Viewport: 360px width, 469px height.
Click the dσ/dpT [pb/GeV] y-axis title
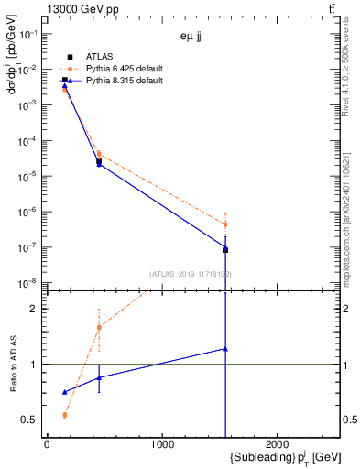13,82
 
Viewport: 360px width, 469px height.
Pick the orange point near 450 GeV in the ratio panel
99,327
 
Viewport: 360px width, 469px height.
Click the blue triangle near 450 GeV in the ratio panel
99,377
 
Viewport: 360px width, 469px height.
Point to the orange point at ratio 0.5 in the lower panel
64,415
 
